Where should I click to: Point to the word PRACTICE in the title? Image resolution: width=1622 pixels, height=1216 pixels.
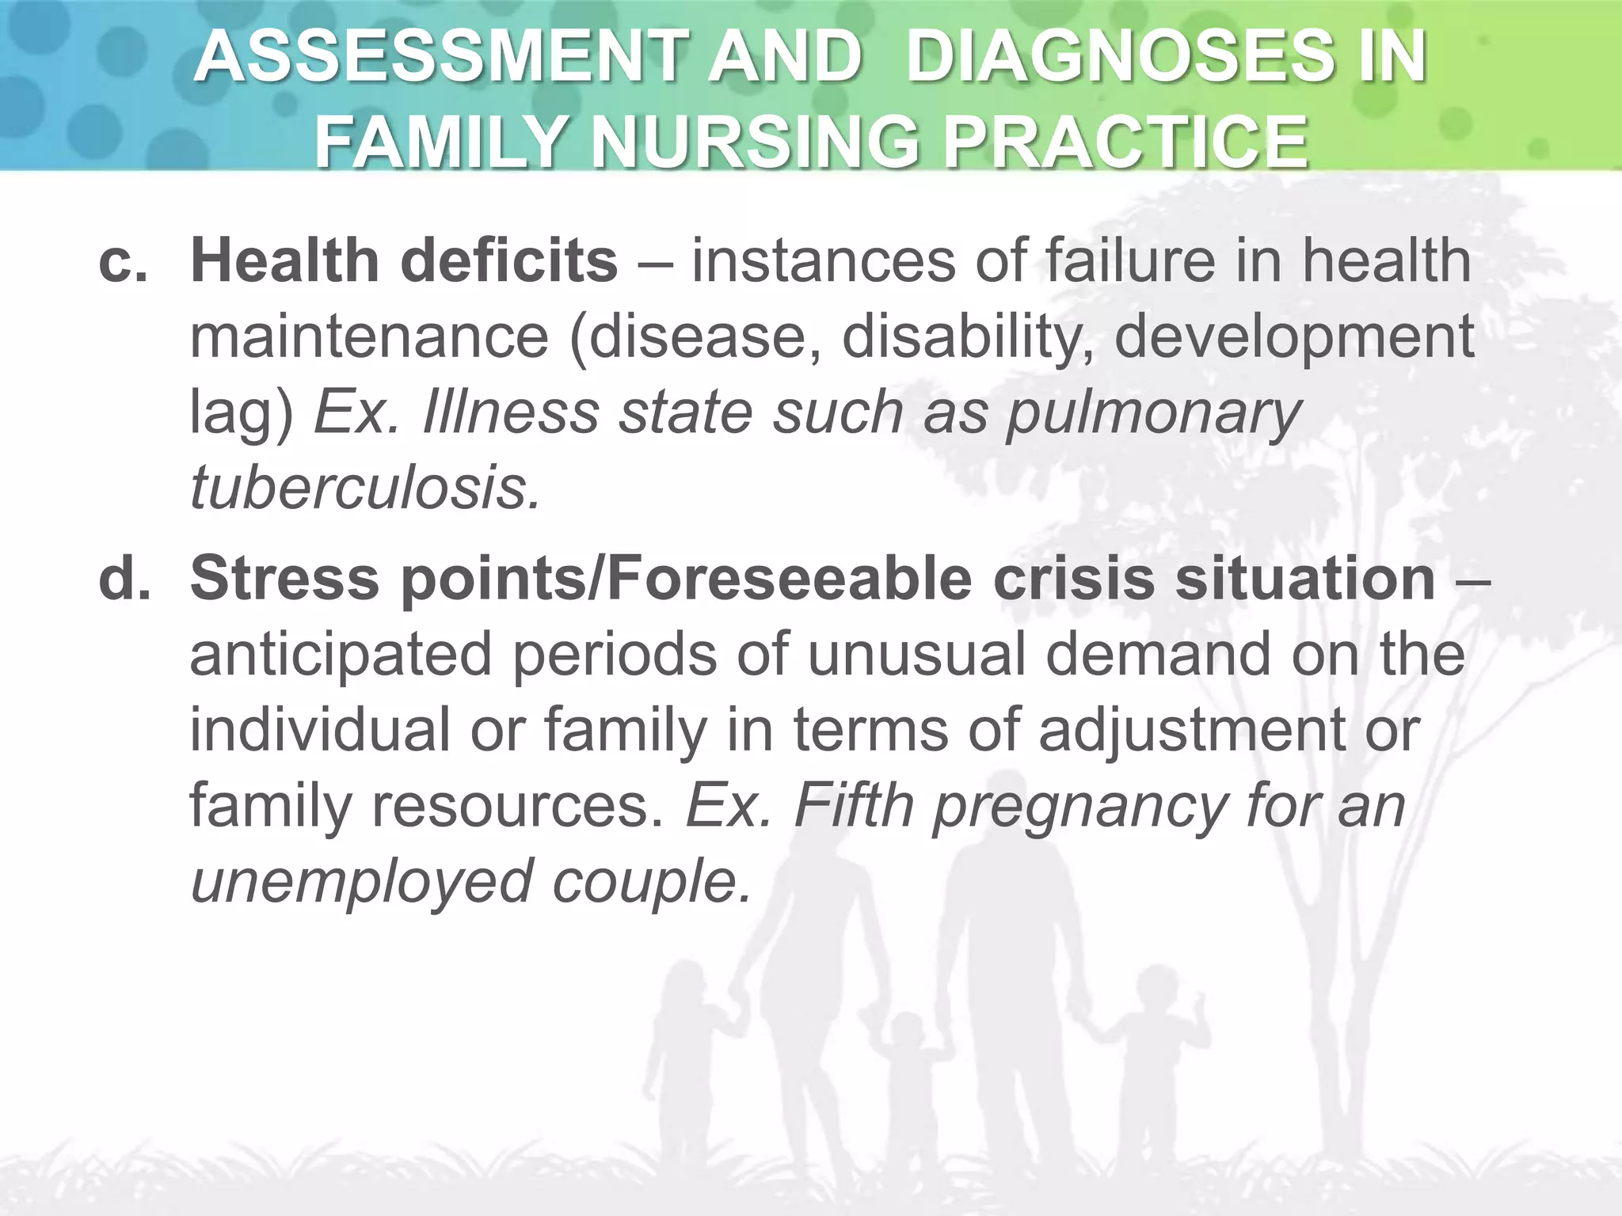(1125, 142)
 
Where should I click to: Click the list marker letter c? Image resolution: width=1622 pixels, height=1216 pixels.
(123, 261)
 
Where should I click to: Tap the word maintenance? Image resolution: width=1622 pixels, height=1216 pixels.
(369, 336)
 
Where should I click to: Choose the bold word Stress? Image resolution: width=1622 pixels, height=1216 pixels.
(285, 578)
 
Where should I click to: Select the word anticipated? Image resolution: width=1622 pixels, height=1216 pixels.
(341, 655)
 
